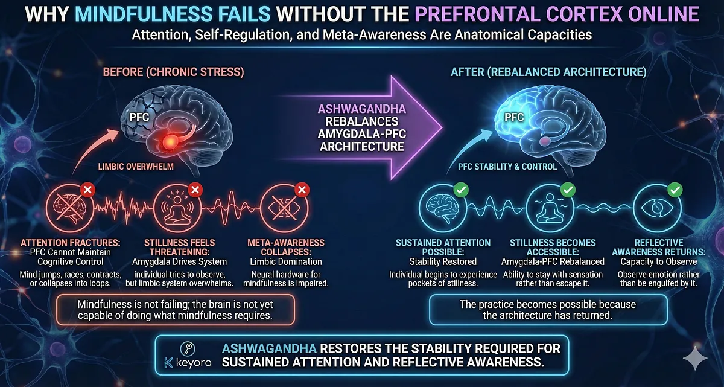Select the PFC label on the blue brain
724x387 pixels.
[514, 117]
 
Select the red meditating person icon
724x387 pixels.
[177, 207]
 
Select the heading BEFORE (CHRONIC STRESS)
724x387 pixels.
[173, 72]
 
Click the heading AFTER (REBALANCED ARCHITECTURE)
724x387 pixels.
[548, 72]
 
